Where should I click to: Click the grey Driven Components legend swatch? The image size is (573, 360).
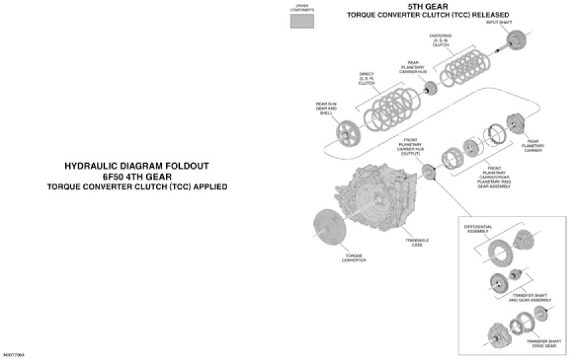tap(303, 21)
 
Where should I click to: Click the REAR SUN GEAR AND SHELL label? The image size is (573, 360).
tap(327, 107)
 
